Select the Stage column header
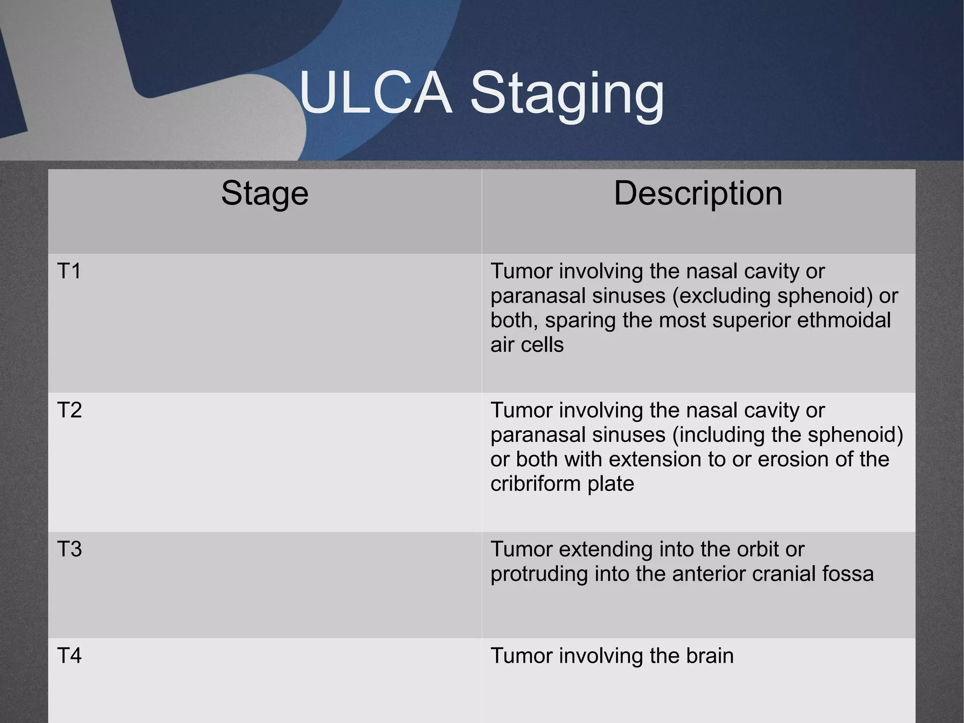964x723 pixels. point(265,193)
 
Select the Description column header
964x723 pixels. point(698,193)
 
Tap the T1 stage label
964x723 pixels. point(69,271)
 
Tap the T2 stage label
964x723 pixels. point(69,410)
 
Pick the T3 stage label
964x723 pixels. point(69,549)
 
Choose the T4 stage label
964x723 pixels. point(69,656)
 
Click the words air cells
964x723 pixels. point(527,345)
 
